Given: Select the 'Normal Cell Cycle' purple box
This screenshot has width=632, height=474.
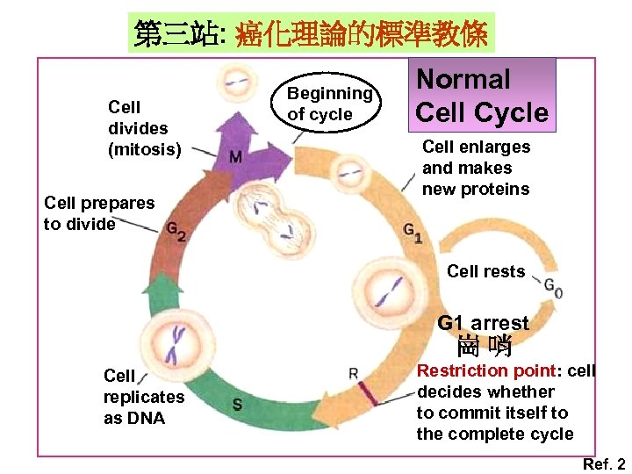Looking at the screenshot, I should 481,96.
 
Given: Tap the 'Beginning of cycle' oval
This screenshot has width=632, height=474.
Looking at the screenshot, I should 330,104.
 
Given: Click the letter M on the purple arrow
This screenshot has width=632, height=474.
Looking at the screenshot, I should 235,157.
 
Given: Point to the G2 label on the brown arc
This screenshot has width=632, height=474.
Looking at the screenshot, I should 176,230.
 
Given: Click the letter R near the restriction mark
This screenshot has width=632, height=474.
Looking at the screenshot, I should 353,373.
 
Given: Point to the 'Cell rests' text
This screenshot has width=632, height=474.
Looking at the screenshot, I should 485,271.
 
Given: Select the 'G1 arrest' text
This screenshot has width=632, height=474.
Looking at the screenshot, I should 484,323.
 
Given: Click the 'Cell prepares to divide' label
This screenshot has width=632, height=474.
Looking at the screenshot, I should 98,213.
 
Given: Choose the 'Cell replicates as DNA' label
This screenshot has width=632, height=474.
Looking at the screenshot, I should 144,397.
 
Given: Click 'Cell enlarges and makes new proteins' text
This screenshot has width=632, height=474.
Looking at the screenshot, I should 476,168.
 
